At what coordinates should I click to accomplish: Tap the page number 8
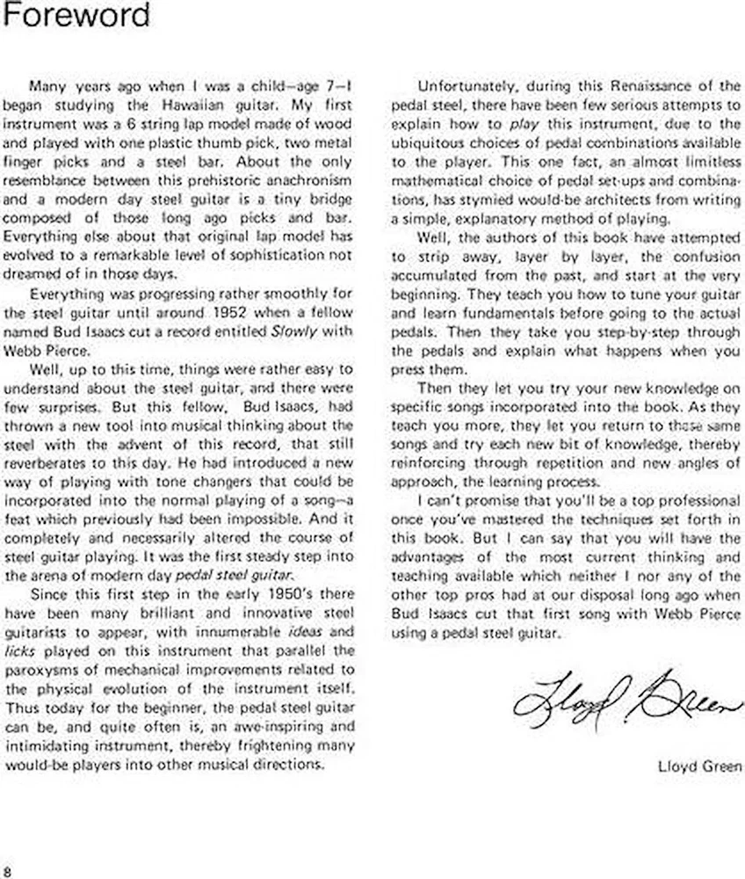click(7, 870)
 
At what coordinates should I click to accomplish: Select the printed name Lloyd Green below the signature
click(699, 766)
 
